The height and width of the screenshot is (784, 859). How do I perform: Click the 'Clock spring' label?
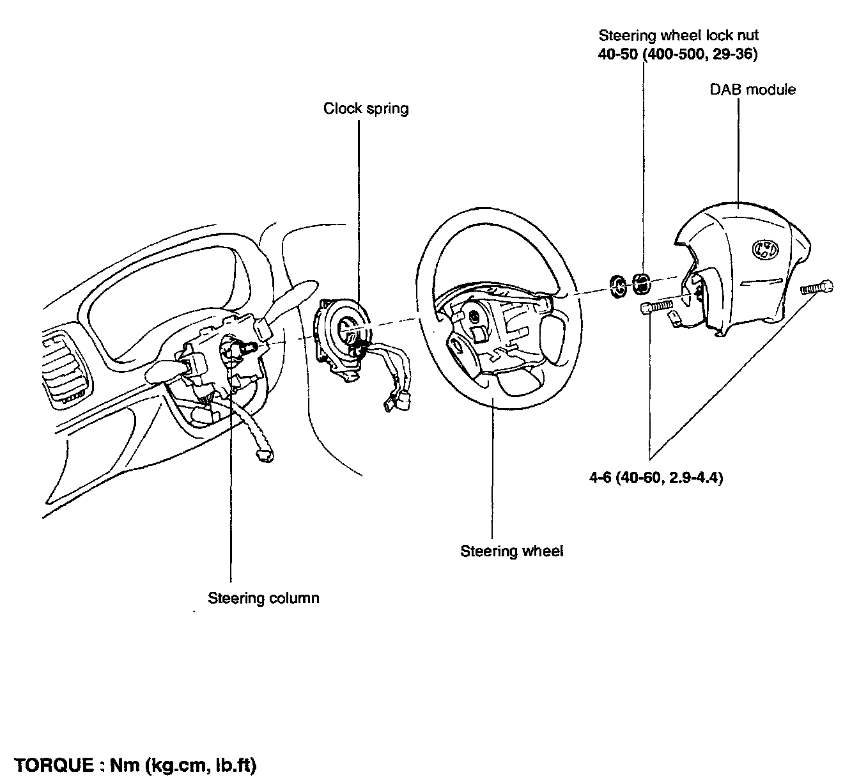(x=366, y=108)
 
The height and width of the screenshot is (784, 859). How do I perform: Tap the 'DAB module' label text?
(x=753, y=90)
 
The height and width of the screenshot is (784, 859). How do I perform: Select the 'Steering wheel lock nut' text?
(x=679, y=36)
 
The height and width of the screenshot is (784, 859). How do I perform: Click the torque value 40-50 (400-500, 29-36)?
(x=677, y=54)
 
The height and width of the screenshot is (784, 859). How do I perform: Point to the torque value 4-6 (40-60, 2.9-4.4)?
(x=656, y=478)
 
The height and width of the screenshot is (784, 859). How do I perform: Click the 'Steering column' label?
(x=263, y=598)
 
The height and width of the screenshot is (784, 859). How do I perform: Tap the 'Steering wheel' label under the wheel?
(x=511, y=551)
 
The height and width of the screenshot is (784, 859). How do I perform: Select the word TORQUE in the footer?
(x=52, y=765)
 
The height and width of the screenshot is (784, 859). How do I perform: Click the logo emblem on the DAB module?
(x=762, y=249)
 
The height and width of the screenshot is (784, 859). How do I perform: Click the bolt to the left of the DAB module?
(x=654, y=308)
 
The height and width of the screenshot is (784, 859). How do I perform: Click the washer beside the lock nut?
(x=618, y=286)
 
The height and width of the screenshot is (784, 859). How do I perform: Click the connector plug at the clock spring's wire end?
(x=390, y=403)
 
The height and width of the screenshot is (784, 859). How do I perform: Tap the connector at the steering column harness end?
(x=263, y=455)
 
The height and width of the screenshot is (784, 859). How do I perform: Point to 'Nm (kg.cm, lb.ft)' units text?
(x=182, y=765)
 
